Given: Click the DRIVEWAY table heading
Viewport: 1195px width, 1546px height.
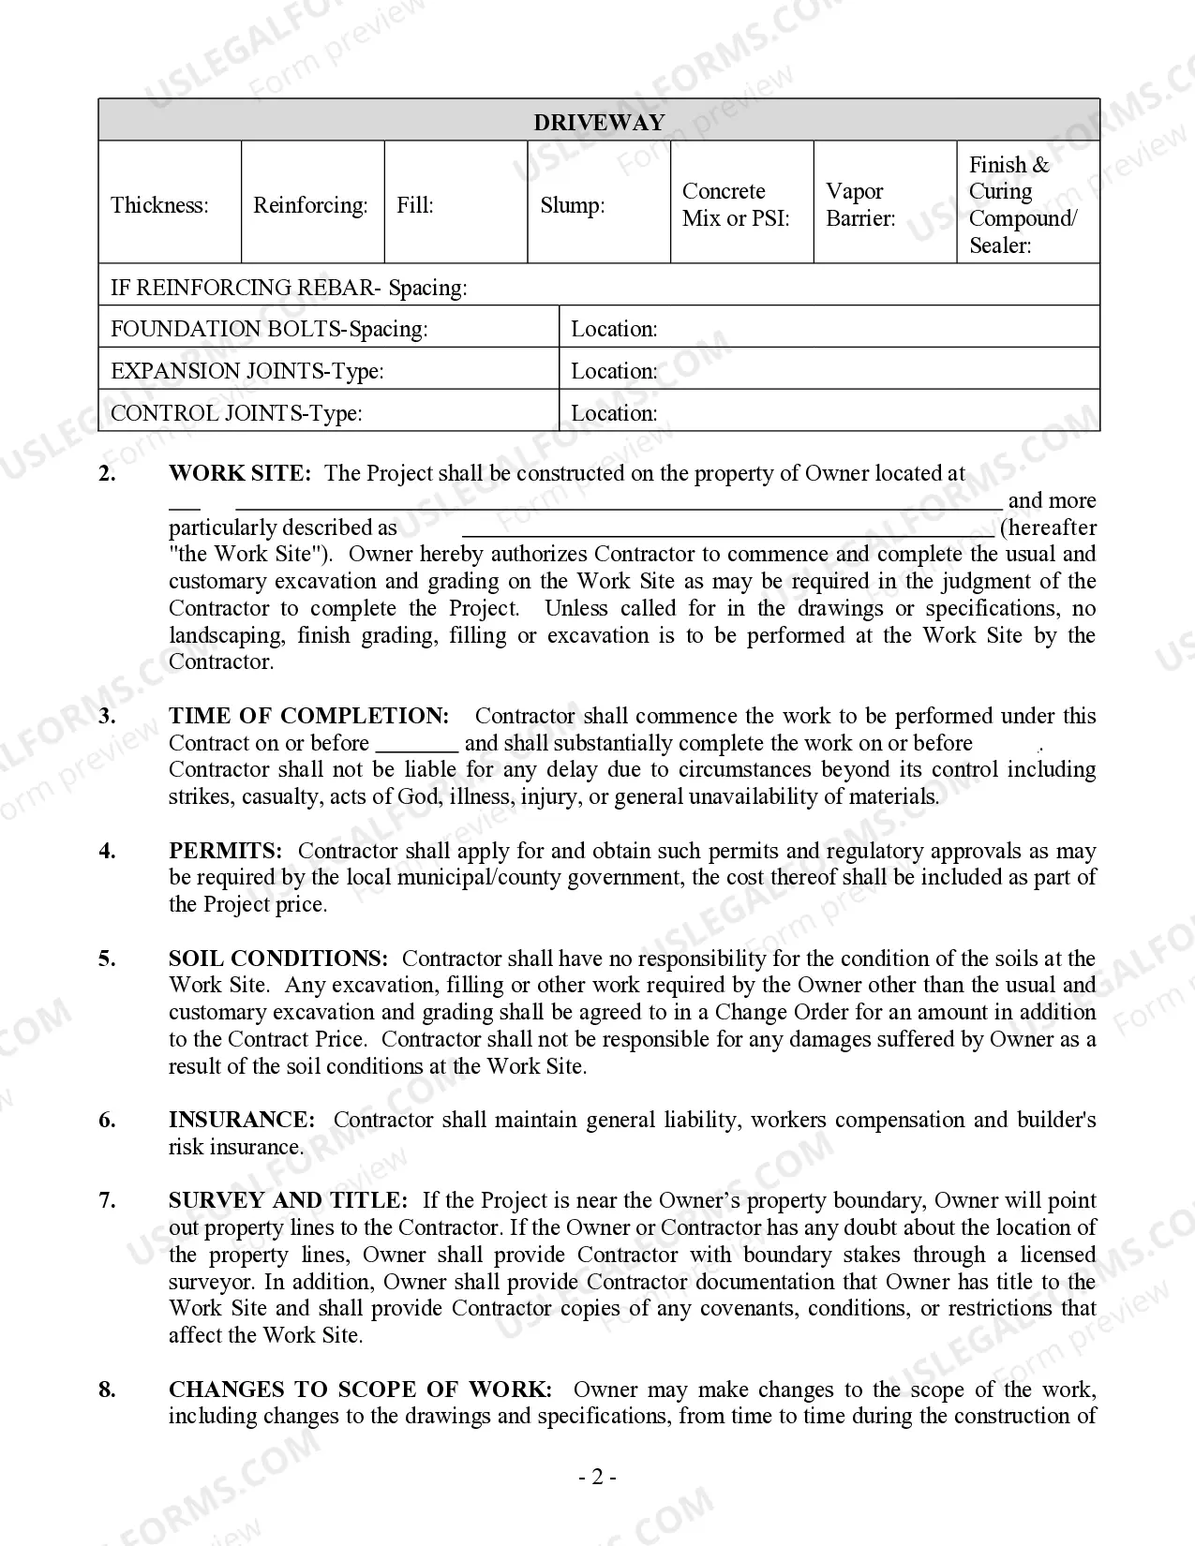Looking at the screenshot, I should click(599, 122).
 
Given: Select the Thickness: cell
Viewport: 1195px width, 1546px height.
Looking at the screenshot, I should click(170, 204).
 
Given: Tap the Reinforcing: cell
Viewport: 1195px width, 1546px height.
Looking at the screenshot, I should click(312, 204).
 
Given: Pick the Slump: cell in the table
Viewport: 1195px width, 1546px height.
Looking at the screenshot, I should click(599, 204).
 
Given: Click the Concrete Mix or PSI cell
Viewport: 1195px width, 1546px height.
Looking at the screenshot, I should click(741, 204).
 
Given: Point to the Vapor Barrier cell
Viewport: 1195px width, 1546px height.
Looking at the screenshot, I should click(884, 204).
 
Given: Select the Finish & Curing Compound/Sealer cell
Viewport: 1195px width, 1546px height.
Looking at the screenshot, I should click(1027, 204).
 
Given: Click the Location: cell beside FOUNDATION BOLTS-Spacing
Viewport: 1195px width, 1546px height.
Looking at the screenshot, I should click(829, 329).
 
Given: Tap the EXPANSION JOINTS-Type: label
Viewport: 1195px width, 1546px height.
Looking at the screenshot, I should click(247, 371).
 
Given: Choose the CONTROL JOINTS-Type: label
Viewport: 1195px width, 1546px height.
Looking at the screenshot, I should click(236, 413).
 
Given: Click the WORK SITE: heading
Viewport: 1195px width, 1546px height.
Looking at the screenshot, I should click(239, 473).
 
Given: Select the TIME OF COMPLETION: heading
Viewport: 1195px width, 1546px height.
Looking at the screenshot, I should click(308, 716).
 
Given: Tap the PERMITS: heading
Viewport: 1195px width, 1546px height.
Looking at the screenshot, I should click(225, 851).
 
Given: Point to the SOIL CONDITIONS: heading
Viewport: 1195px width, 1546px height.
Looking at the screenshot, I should click(277, 959).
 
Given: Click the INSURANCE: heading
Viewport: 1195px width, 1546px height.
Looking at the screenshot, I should click(242, 1120).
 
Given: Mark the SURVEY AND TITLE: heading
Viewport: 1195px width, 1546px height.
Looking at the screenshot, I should click(288, 1200).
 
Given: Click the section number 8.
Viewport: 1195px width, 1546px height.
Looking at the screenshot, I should click(108, 1390).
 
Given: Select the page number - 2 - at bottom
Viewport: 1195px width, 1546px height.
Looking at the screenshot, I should click(597, 1478).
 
